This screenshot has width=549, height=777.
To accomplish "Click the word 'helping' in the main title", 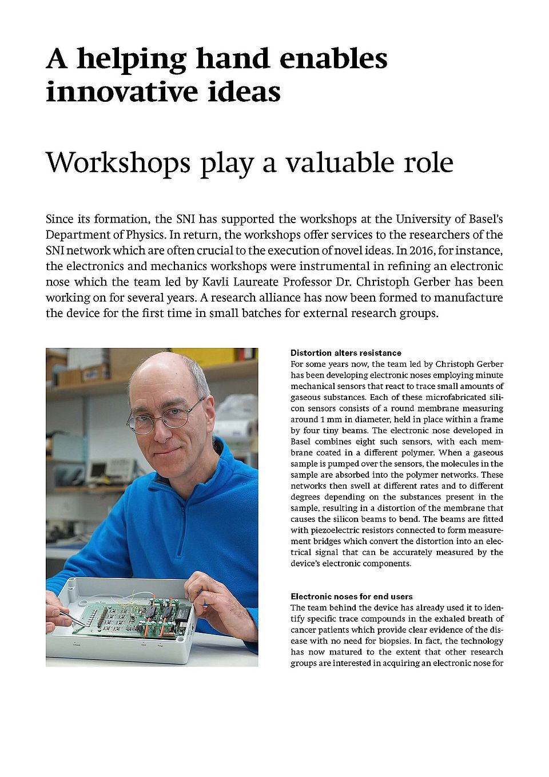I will (131, 59).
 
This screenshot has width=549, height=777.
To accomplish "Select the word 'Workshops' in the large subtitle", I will (118, 162).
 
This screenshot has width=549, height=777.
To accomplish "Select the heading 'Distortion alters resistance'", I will (346, 353).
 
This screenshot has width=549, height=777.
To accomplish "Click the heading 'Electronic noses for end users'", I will (352, 596).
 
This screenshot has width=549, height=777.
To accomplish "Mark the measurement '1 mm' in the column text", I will (328, 419).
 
